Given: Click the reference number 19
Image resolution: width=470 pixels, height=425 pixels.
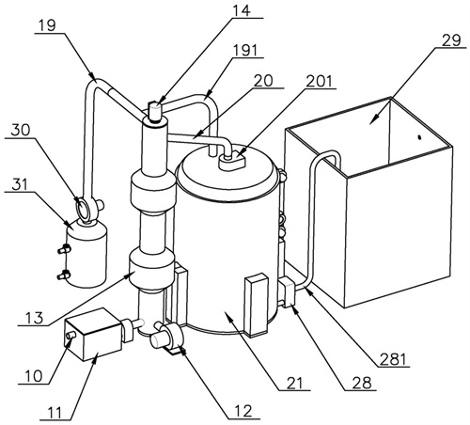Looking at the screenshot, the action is pos(48,26).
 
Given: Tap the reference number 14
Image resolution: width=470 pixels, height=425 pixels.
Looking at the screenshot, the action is pos(242,10).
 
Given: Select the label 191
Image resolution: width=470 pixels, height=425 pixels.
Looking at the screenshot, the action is pos(245,51).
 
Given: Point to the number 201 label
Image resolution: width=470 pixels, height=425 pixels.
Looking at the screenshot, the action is pos(319,82).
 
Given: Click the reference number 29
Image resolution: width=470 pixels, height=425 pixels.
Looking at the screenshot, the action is pos(451,41).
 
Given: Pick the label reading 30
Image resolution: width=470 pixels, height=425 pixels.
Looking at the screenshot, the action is pos(21,131).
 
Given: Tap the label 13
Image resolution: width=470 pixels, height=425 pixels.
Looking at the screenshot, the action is pos(35,318).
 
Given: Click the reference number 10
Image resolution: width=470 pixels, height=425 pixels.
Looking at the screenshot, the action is pos(33,376).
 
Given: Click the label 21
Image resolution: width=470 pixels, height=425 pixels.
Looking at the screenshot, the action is pos(294,383).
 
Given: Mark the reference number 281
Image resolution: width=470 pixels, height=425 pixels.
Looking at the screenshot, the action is pos(393,359).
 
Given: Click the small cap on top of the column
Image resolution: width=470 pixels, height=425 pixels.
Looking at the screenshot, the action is pos(154,111).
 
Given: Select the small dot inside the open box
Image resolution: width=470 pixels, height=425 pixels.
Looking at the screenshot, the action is pos(418,137).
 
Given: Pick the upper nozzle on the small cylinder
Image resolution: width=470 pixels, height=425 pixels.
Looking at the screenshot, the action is pos(64,249).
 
